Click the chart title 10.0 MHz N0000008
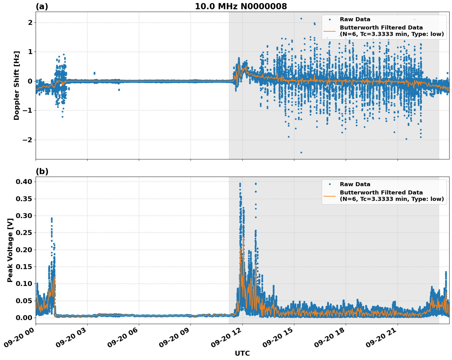241,6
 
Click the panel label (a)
42,6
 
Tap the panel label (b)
42,171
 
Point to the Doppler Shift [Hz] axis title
17,85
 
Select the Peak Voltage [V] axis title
10,250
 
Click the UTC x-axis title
242,353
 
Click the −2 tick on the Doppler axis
27,140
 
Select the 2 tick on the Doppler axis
30,22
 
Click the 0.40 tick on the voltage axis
24,182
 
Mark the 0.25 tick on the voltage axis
24,233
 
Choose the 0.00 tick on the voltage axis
24,318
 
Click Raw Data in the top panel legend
355,19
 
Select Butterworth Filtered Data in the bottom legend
381,193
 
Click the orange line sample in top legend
329,31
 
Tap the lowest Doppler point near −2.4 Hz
301,152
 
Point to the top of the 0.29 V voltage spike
52,218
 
